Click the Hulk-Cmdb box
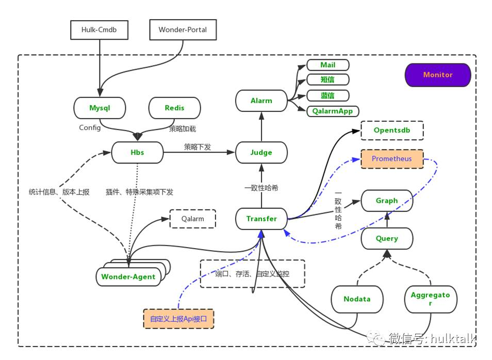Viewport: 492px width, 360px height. click(99, 30)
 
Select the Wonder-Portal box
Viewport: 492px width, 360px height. click(183, 30)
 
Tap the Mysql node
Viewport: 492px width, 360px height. click(100, 108)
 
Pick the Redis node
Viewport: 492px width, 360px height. click(174, 108)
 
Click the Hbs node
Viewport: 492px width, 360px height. click(138, 153)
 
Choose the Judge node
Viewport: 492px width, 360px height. click(261, 153)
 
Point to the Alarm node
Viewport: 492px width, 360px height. click(261, 101)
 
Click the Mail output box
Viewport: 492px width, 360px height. click(327, 65)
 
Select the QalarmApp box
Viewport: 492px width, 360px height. click(333, 111)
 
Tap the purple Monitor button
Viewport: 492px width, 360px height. click(437, 75)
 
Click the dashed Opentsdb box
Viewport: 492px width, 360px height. click(392, 130)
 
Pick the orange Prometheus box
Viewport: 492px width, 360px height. click(392, 159)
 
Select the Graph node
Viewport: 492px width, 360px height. click(387, 201)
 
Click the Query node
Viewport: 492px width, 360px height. click(387, 239)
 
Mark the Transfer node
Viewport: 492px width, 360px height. click(261, 219)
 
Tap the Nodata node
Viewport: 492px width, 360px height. click(357, 299)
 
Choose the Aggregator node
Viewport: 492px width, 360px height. click(430, 299)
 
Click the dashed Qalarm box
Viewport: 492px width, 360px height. click(192, 219)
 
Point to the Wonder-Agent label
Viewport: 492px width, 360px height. click(128, 277)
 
